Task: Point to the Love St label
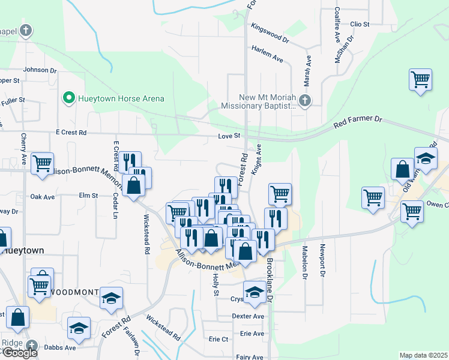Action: coord(229,136)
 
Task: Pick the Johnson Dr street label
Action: coord(40,70)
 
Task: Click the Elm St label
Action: coord(88,195)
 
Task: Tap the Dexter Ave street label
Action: coord(249,316)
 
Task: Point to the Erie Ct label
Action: coord(217,339)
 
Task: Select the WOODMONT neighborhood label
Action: coord(74,292)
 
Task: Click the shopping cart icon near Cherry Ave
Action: coord(42,164)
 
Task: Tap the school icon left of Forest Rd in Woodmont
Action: coord(111,298)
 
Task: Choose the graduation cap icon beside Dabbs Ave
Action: coord(79,328)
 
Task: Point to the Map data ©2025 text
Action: coord(423,355)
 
